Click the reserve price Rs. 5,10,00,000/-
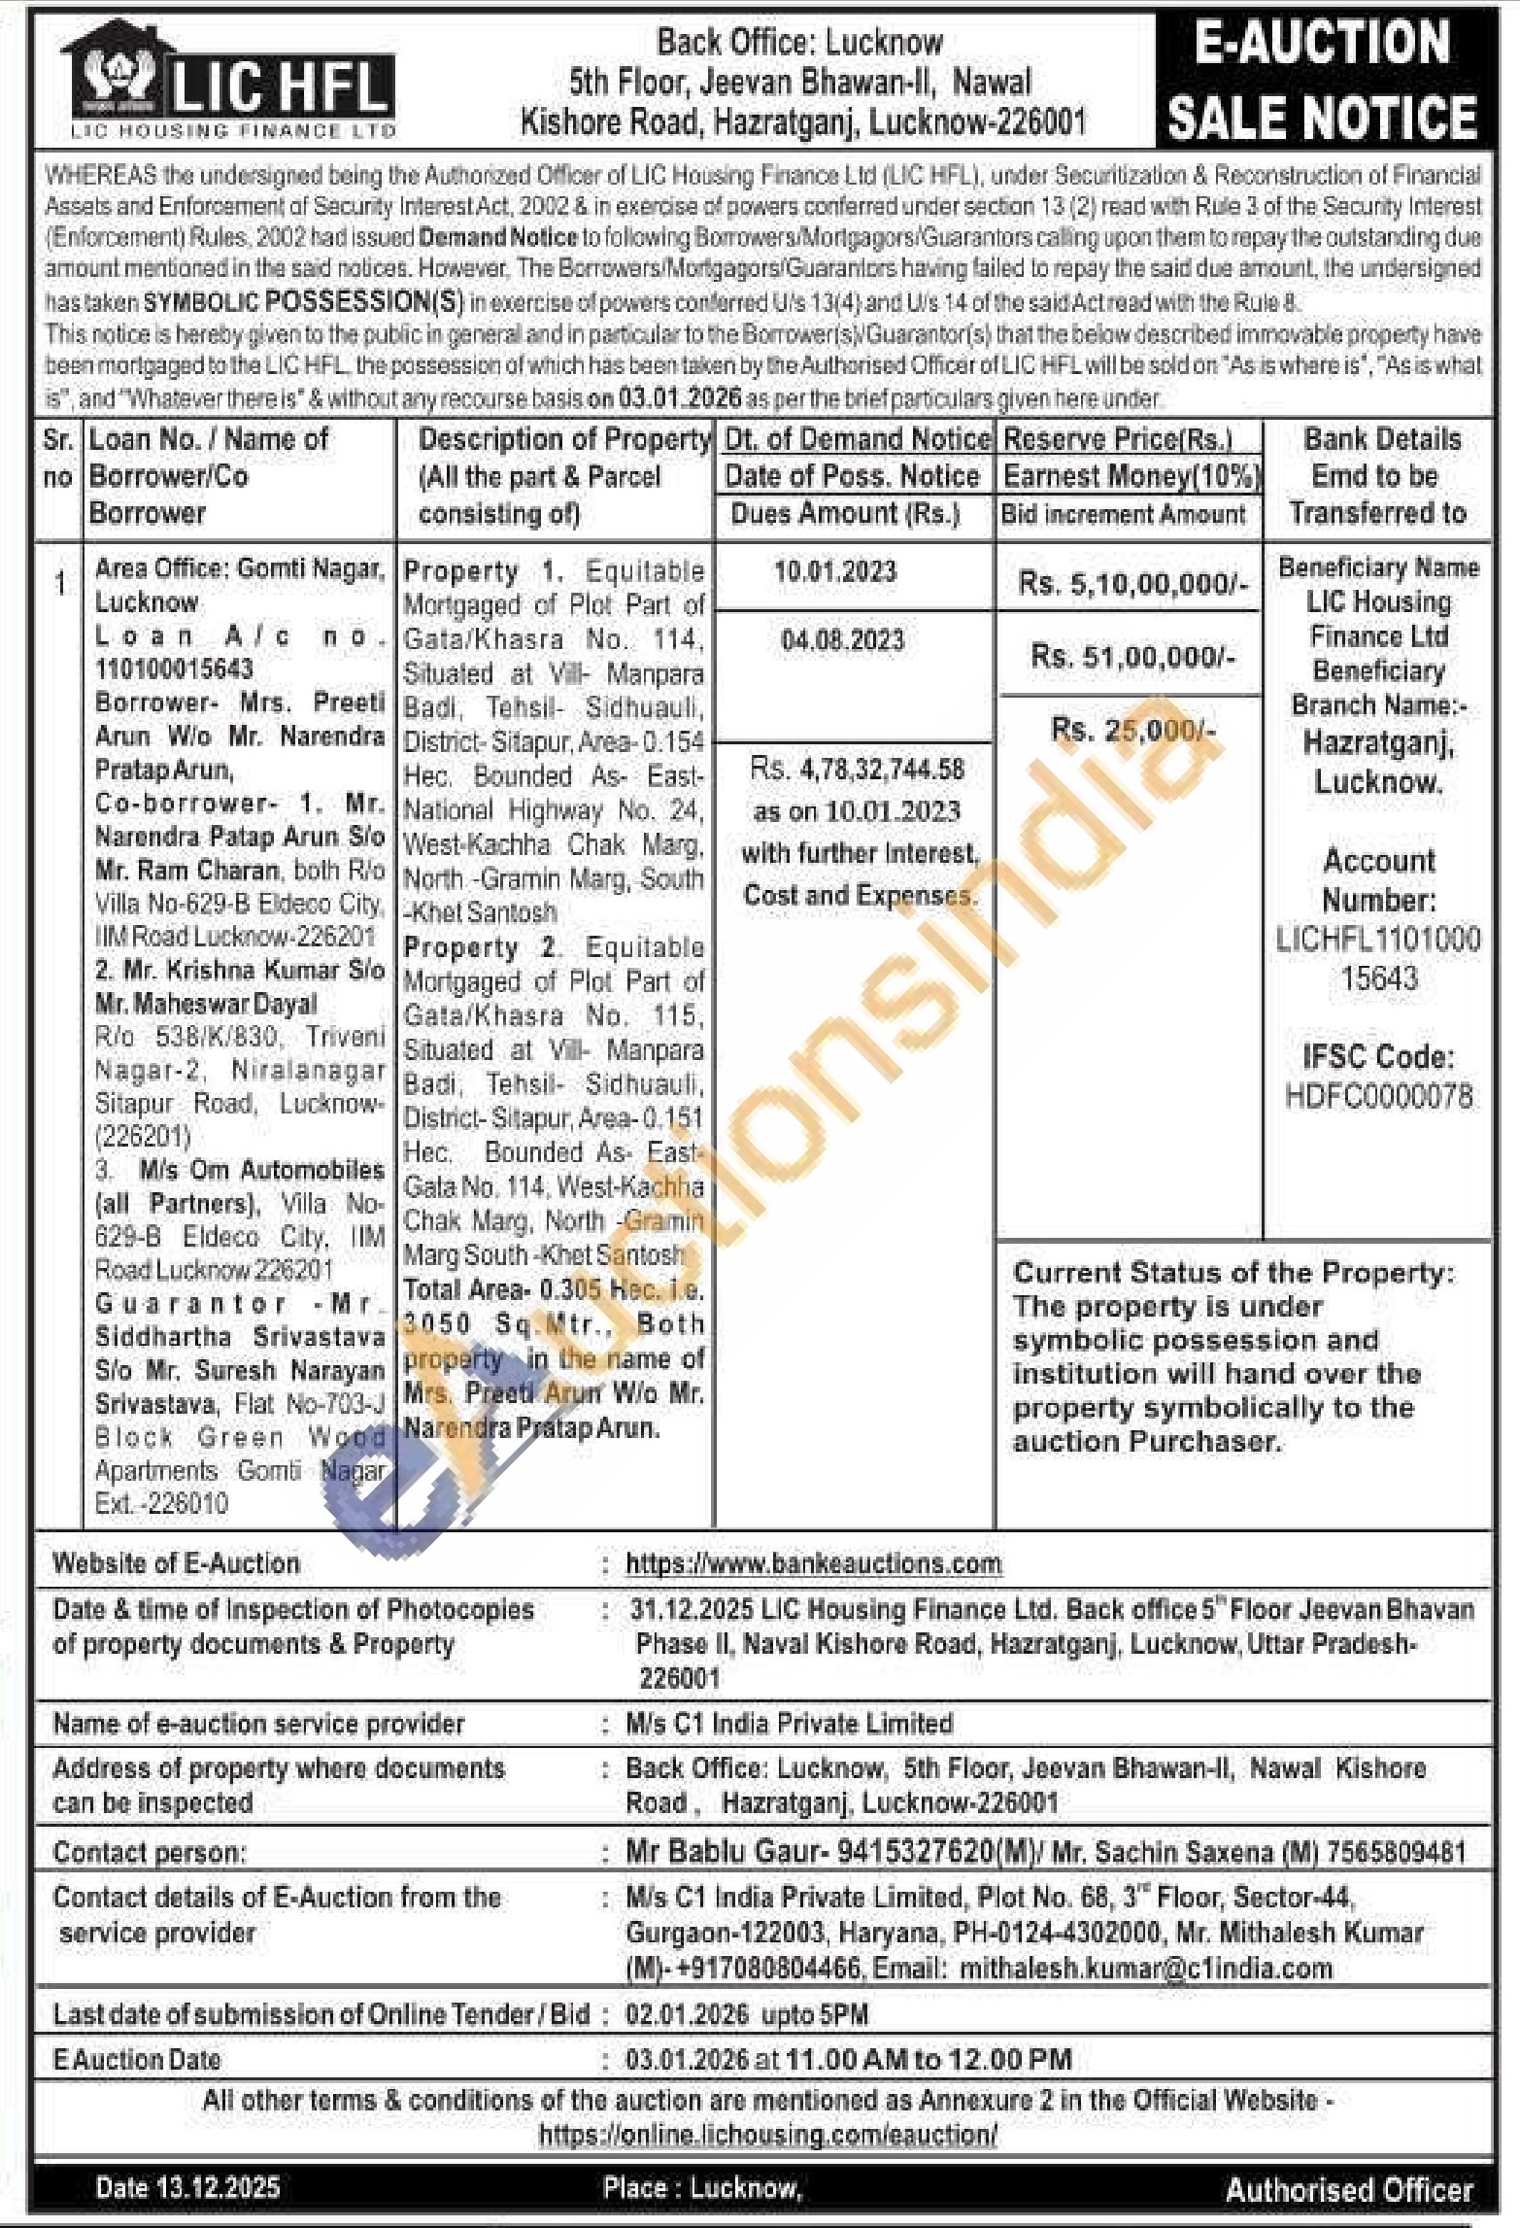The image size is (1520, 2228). click(x=1132, y=584)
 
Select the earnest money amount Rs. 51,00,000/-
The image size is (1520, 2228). click(x=1132, y=657)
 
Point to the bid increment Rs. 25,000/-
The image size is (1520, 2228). click(x=1132, y=730)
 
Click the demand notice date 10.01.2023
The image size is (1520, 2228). click(x=835, y=571)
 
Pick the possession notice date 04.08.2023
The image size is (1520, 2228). click(x=842, y=640)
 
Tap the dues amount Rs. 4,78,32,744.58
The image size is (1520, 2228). click(x=858, y=771)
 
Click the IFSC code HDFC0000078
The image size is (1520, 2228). click(x=1379, y=1098)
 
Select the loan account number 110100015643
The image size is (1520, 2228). click(x=174, y=669)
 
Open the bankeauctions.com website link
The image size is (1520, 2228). click(x=813, y=1563)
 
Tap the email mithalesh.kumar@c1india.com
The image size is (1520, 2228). click(x=1146, y=1970)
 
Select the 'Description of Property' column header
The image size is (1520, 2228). click(x=564, y=440)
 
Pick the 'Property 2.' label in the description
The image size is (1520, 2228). click(x=480, y=947)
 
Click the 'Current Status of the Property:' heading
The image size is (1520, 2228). click(x=1234, y=1273)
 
